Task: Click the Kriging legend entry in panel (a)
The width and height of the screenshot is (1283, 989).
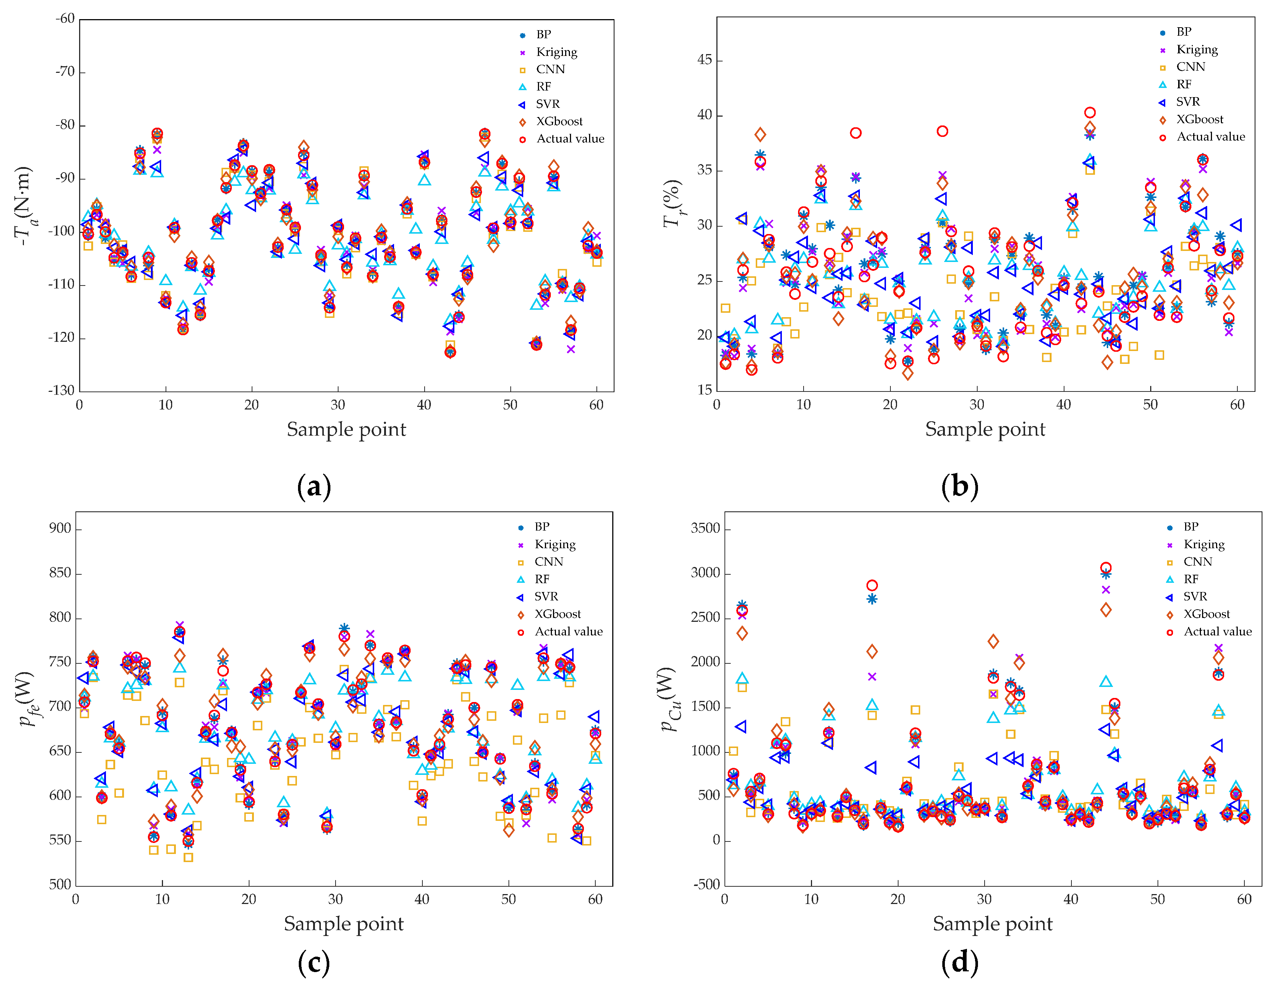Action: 556,52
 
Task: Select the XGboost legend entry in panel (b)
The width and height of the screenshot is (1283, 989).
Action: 1199,119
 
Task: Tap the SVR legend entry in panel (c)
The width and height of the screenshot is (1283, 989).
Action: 545,597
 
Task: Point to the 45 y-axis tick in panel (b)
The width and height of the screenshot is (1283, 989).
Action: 704,60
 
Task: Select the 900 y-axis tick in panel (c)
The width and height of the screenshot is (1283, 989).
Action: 60,529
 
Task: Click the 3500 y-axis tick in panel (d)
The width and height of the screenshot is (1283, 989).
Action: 705,529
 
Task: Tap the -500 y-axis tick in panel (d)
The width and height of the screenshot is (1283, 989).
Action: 707,885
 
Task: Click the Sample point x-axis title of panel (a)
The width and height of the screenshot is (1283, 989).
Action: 346,429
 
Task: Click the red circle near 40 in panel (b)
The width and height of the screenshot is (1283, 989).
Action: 1090,113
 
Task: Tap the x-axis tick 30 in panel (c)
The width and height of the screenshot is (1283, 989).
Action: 336,899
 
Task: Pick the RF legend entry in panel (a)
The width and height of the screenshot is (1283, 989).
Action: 543,87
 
